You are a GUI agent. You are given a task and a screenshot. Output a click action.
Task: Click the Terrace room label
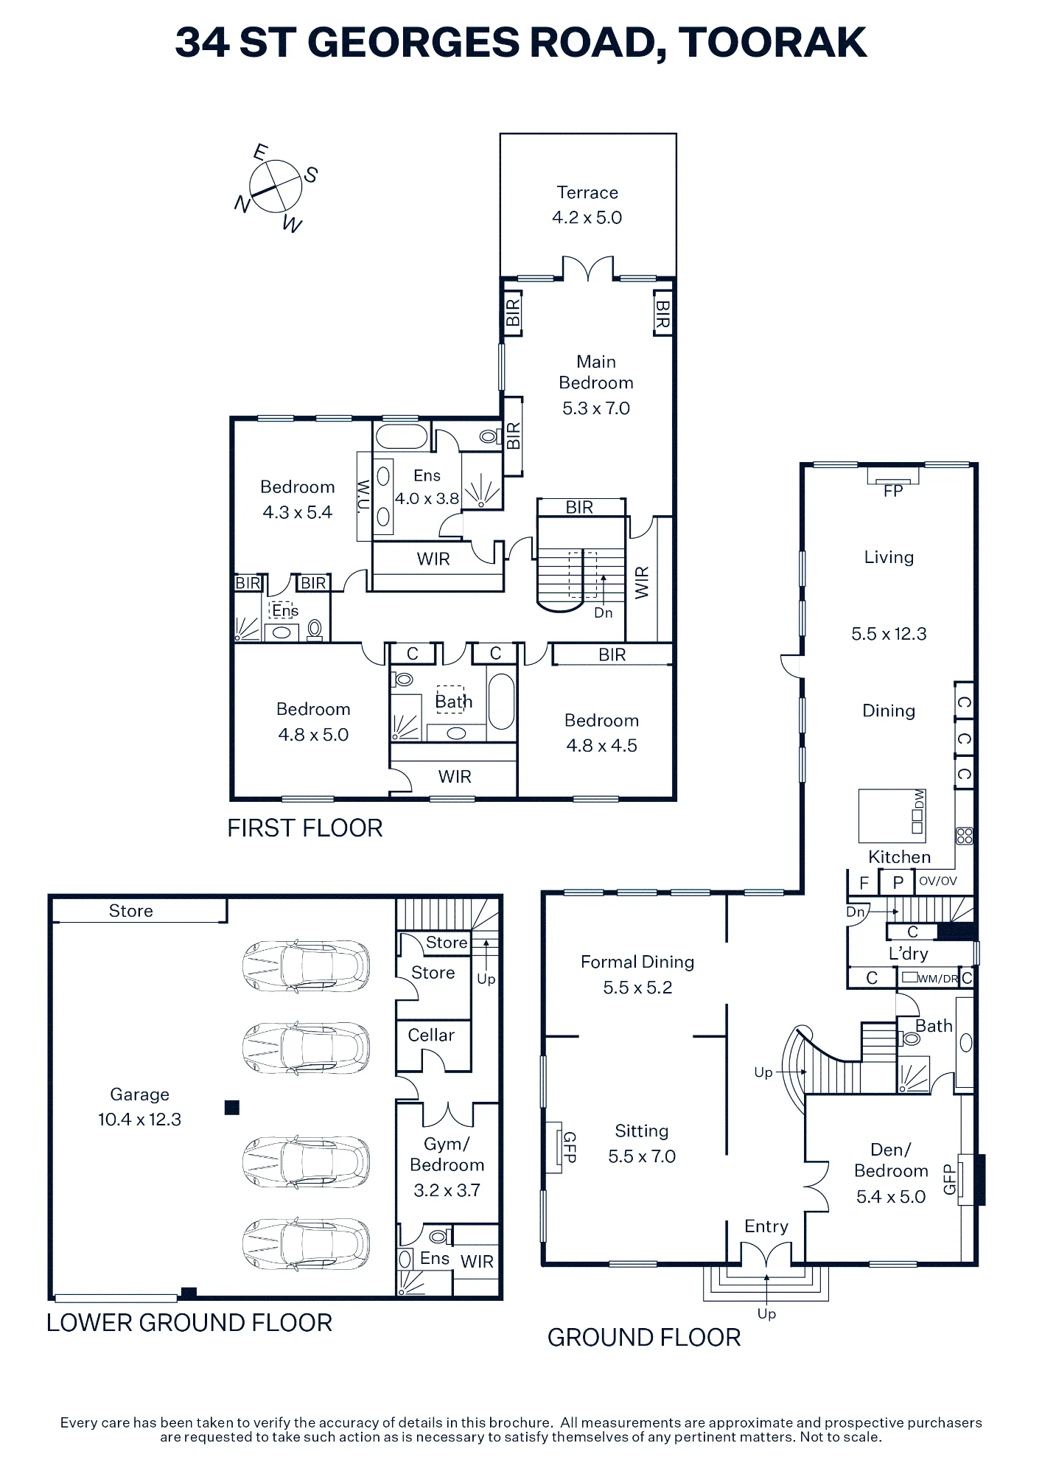point(587,192)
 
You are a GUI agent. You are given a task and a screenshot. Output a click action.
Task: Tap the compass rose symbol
point(276,186)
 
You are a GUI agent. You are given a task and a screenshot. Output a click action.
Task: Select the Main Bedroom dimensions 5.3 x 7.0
point(596,408)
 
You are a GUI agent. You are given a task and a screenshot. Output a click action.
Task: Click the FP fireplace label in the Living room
point(893,492)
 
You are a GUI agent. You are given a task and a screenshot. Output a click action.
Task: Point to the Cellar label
point(431,1035)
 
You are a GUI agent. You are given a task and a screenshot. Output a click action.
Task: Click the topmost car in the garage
point(307,966)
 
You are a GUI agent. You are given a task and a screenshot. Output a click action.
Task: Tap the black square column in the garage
point(232,1107)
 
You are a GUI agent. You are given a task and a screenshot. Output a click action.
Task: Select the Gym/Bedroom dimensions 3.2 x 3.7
point(447,1190)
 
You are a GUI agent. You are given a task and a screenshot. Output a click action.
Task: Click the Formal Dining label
point(637,962)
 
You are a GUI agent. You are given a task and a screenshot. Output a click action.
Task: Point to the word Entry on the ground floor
point(766,1226)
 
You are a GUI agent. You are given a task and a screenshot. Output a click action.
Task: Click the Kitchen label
point(899,857)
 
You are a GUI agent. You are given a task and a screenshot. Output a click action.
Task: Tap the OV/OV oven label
point(938,881)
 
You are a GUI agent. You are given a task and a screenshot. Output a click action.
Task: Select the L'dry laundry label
point(909,954)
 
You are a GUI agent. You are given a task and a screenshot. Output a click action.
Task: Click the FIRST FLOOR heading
point(305,828)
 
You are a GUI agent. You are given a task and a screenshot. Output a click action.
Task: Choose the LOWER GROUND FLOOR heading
point(189,1323)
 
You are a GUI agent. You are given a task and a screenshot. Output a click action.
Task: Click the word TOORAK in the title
point(772,42)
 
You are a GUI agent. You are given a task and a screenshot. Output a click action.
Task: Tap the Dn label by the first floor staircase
point(604,612)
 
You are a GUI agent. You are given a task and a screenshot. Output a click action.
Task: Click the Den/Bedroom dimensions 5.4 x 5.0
point(891,1197)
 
